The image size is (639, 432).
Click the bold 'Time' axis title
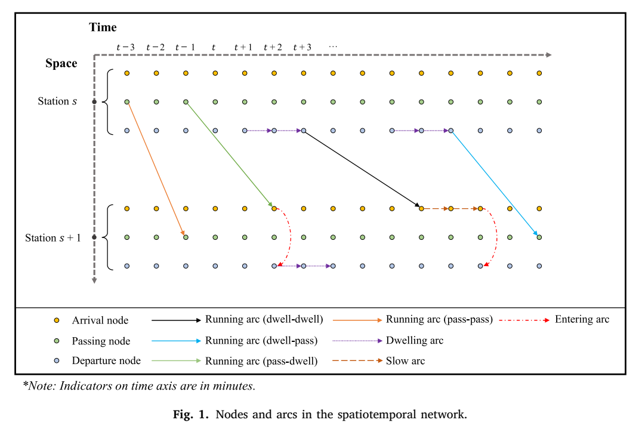103,27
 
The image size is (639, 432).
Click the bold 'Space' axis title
61,64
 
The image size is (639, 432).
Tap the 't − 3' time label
125,47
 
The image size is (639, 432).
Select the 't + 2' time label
273,47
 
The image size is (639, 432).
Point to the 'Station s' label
57,101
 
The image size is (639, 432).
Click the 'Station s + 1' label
53,237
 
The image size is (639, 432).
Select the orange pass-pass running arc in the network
156,169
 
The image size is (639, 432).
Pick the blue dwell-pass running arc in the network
495,183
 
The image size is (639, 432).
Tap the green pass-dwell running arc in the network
229,155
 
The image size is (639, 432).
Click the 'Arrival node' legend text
100,320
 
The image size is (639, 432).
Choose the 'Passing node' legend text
101,341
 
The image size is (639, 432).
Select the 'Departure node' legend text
106,360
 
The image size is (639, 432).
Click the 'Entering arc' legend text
582,319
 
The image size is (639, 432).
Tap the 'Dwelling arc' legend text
415,341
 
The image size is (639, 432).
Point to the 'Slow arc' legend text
405,361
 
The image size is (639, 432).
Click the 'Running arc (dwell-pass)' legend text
261,341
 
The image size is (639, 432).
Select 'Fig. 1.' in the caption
191,415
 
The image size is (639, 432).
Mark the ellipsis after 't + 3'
333,47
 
